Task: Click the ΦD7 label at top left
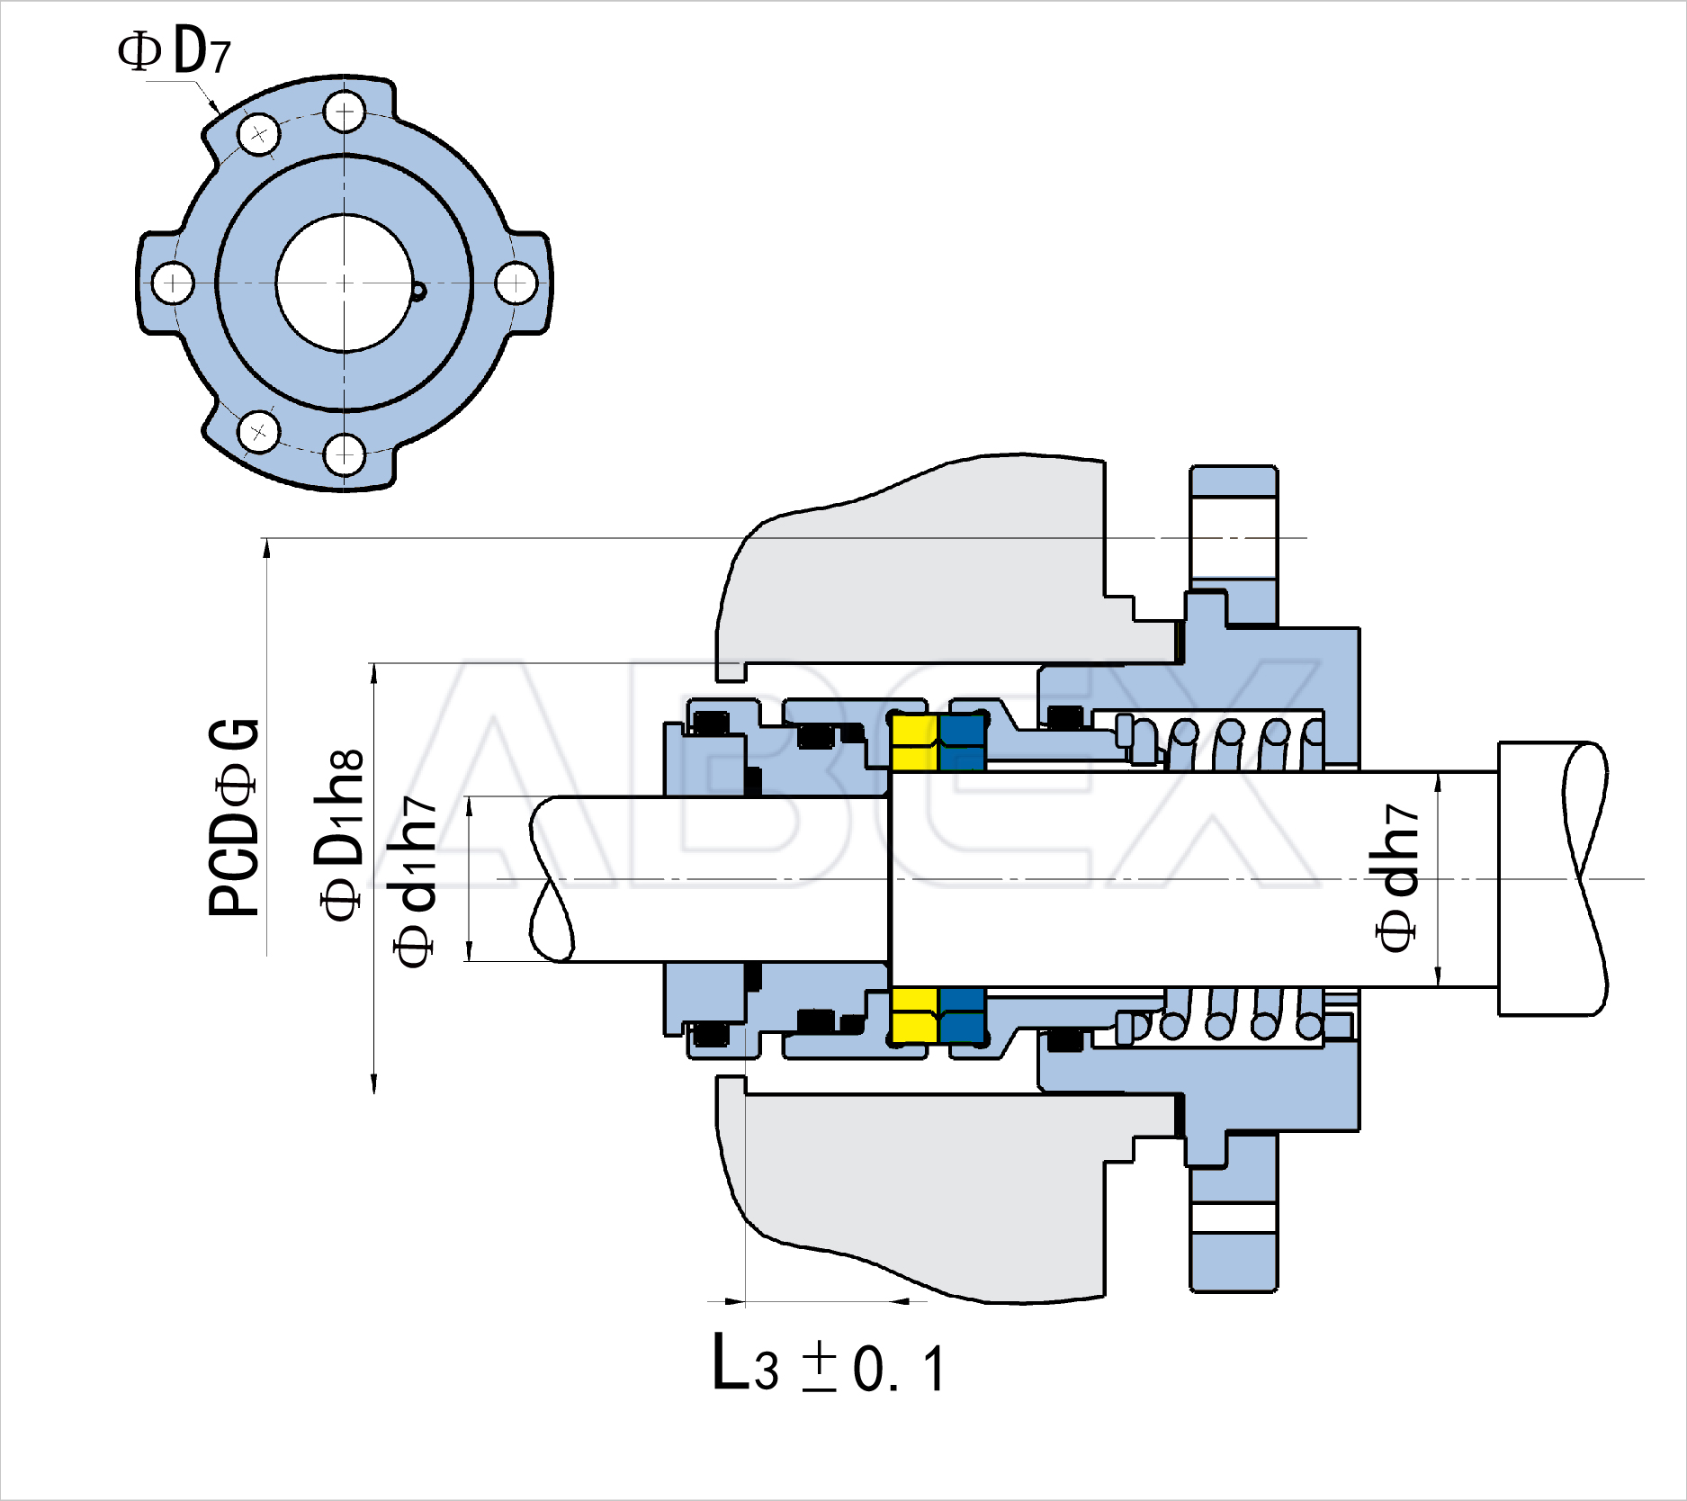point(175,52)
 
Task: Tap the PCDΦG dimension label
point(234,818)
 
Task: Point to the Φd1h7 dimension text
point(415,881)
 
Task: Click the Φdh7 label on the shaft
point(1396,877)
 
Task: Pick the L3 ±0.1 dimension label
point(829,1365)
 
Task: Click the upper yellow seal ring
point(914,742)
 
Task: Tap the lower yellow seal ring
point(914,1015)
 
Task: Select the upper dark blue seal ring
point(963,742)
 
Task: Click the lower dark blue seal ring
point(963,1015)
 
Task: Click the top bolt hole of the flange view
point(344,113)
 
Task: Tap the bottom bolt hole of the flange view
point(344,454)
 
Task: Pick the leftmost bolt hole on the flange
point(172,283)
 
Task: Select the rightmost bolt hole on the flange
point(516,283)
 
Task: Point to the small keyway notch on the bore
point(418,291)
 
